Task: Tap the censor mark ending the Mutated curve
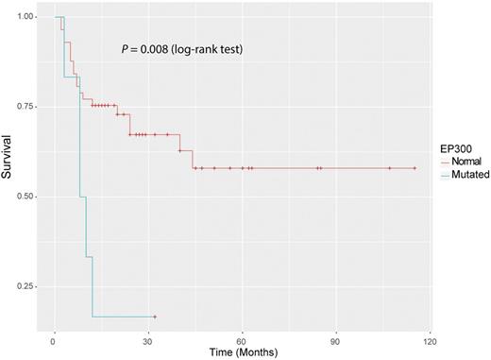point(154,317)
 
